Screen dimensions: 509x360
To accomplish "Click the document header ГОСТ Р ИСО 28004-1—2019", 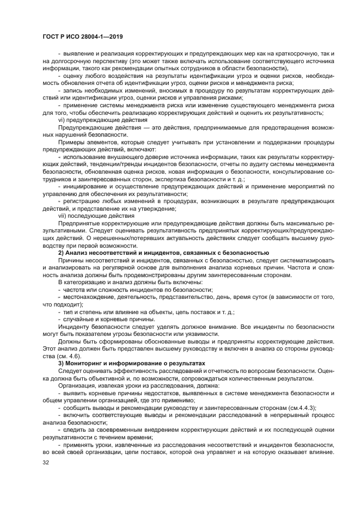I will click(x=81, y=36).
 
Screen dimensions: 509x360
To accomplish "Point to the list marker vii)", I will click(x=63, y=215).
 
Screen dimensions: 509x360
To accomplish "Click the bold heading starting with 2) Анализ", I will click(x=163, y=253).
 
